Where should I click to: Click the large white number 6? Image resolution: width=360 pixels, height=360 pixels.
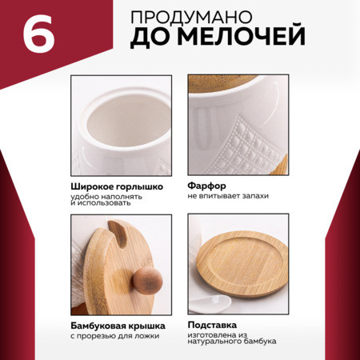(x=39, y=34)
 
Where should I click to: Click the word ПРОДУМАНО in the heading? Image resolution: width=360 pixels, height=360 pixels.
(x=191, y=17)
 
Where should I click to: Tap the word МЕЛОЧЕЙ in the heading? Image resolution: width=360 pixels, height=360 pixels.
(x=242, y=36)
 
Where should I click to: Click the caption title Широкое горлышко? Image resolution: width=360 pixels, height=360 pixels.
(x=117, y=186)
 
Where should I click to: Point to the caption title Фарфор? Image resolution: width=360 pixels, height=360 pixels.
(x=206, y=186)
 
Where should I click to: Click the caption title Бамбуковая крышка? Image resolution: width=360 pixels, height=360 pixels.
(x=118, y=326)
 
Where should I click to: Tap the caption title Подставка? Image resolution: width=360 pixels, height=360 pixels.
(x=212, y=325)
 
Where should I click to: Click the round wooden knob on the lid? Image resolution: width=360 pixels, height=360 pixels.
(x=147, y=281)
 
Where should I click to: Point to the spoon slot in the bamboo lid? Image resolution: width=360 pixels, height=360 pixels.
(x=118, y=233)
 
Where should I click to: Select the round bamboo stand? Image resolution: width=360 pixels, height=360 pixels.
(x=242, y=264)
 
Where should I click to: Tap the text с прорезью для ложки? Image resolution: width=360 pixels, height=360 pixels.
(x=115, y=336)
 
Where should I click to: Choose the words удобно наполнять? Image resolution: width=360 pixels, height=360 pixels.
(x=106, y=197)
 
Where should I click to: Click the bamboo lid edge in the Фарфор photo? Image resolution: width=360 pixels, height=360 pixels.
(x=222, y=83)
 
